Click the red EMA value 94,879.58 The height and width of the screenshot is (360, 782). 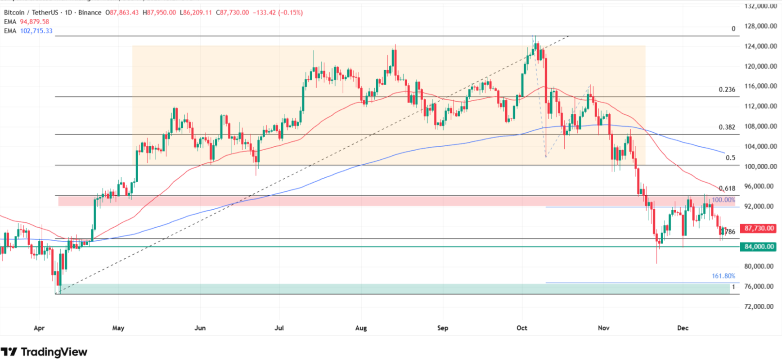coord(34,22)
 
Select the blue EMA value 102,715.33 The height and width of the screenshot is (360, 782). coord(36,31)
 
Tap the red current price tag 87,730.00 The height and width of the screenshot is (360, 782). coord(759,229)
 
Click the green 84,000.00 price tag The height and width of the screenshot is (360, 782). coord(759,247)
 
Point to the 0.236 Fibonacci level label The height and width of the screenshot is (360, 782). coord(727,90)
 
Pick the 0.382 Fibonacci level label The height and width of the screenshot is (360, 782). coord(727,127)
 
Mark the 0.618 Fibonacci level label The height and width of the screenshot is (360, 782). coord(727,189)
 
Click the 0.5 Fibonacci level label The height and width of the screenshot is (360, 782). coord(730,158)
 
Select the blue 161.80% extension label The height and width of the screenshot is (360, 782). coord(723,276)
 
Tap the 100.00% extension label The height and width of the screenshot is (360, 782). coord(723,200)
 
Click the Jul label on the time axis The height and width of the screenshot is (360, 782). coord(279,328)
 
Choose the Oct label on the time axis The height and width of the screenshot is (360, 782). coord(521,328)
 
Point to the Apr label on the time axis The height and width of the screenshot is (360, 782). coord(39,328)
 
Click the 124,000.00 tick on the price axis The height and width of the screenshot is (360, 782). coord(760,46)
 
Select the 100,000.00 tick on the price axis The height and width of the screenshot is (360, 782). coord(760,166)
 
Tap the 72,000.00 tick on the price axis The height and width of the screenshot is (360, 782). coord(760,306)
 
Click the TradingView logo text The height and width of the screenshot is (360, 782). coord(54,352)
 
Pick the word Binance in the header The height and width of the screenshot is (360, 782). coord(90,13)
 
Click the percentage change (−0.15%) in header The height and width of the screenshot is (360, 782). coord(291,13)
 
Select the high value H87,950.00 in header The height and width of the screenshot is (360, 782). coord(159,13)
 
